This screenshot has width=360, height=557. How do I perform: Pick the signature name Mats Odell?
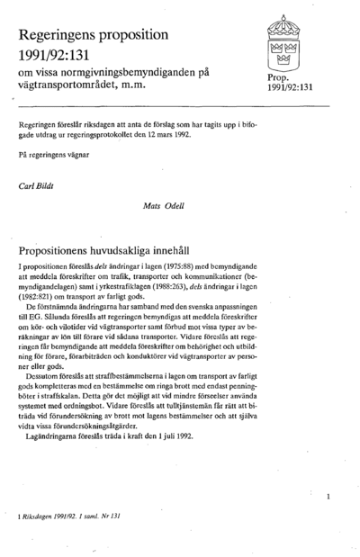point(163,205)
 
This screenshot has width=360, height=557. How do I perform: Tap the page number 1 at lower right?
point(329,496)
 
